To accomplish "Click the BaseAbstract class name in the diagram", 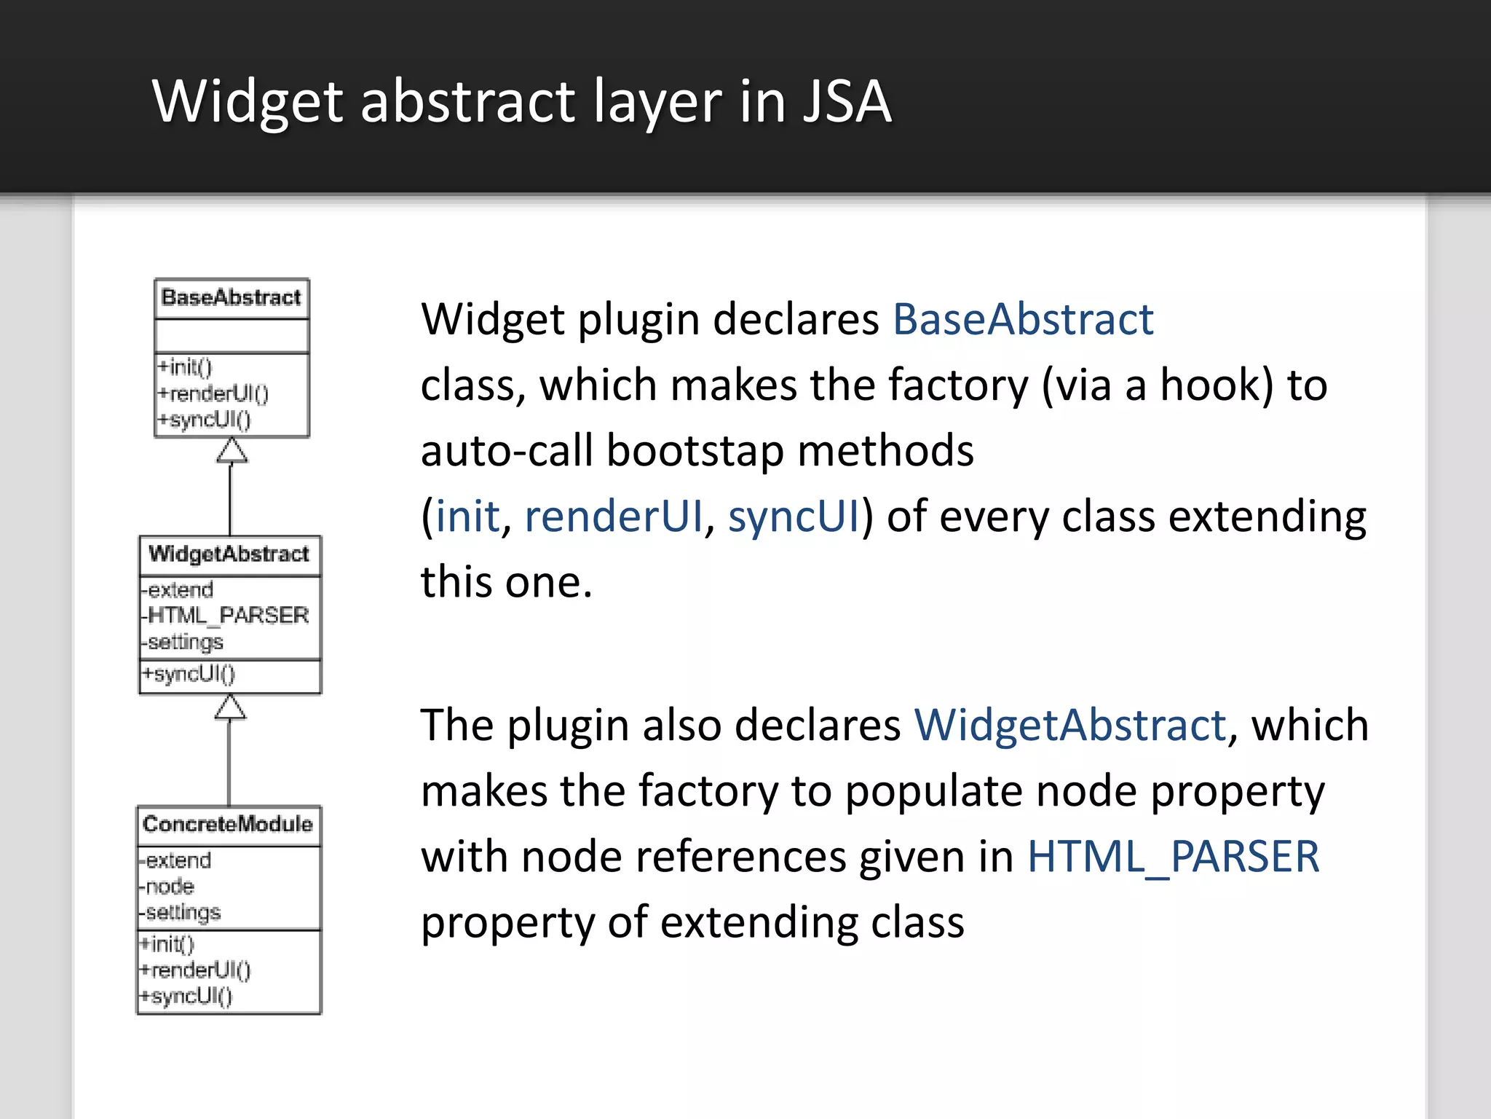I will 231,297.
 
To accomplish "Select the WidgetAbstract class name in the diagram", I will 229,554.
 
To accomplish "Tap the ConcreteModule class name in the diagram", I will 228,824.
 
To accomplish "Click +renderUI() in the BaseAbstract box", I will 213,394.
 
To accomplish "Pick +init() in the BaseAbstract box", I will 186,366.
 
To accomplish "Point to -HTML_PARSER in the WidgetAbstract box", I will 226,616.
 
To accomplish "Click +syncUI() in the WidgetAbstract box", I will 189,674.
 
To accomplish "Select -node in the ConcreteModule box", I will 167,887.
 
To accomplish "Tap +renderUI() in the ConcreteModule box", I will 195,970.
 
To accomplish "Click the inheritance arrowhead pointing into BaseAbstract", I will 232,451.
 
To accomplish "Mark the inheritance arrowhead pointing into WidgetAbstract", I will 230,707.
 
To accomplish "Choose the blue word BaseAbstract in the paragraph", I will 1023,319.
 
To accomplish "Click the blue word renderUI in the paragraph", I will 614,516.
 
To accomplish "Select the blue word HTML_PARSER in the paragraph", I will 1173,856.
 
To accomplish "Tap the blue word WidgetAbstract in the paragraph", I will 1070,725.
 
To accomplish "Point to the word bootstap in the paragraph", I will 695,450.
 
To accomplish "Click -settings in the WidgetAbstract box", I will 183,643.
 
